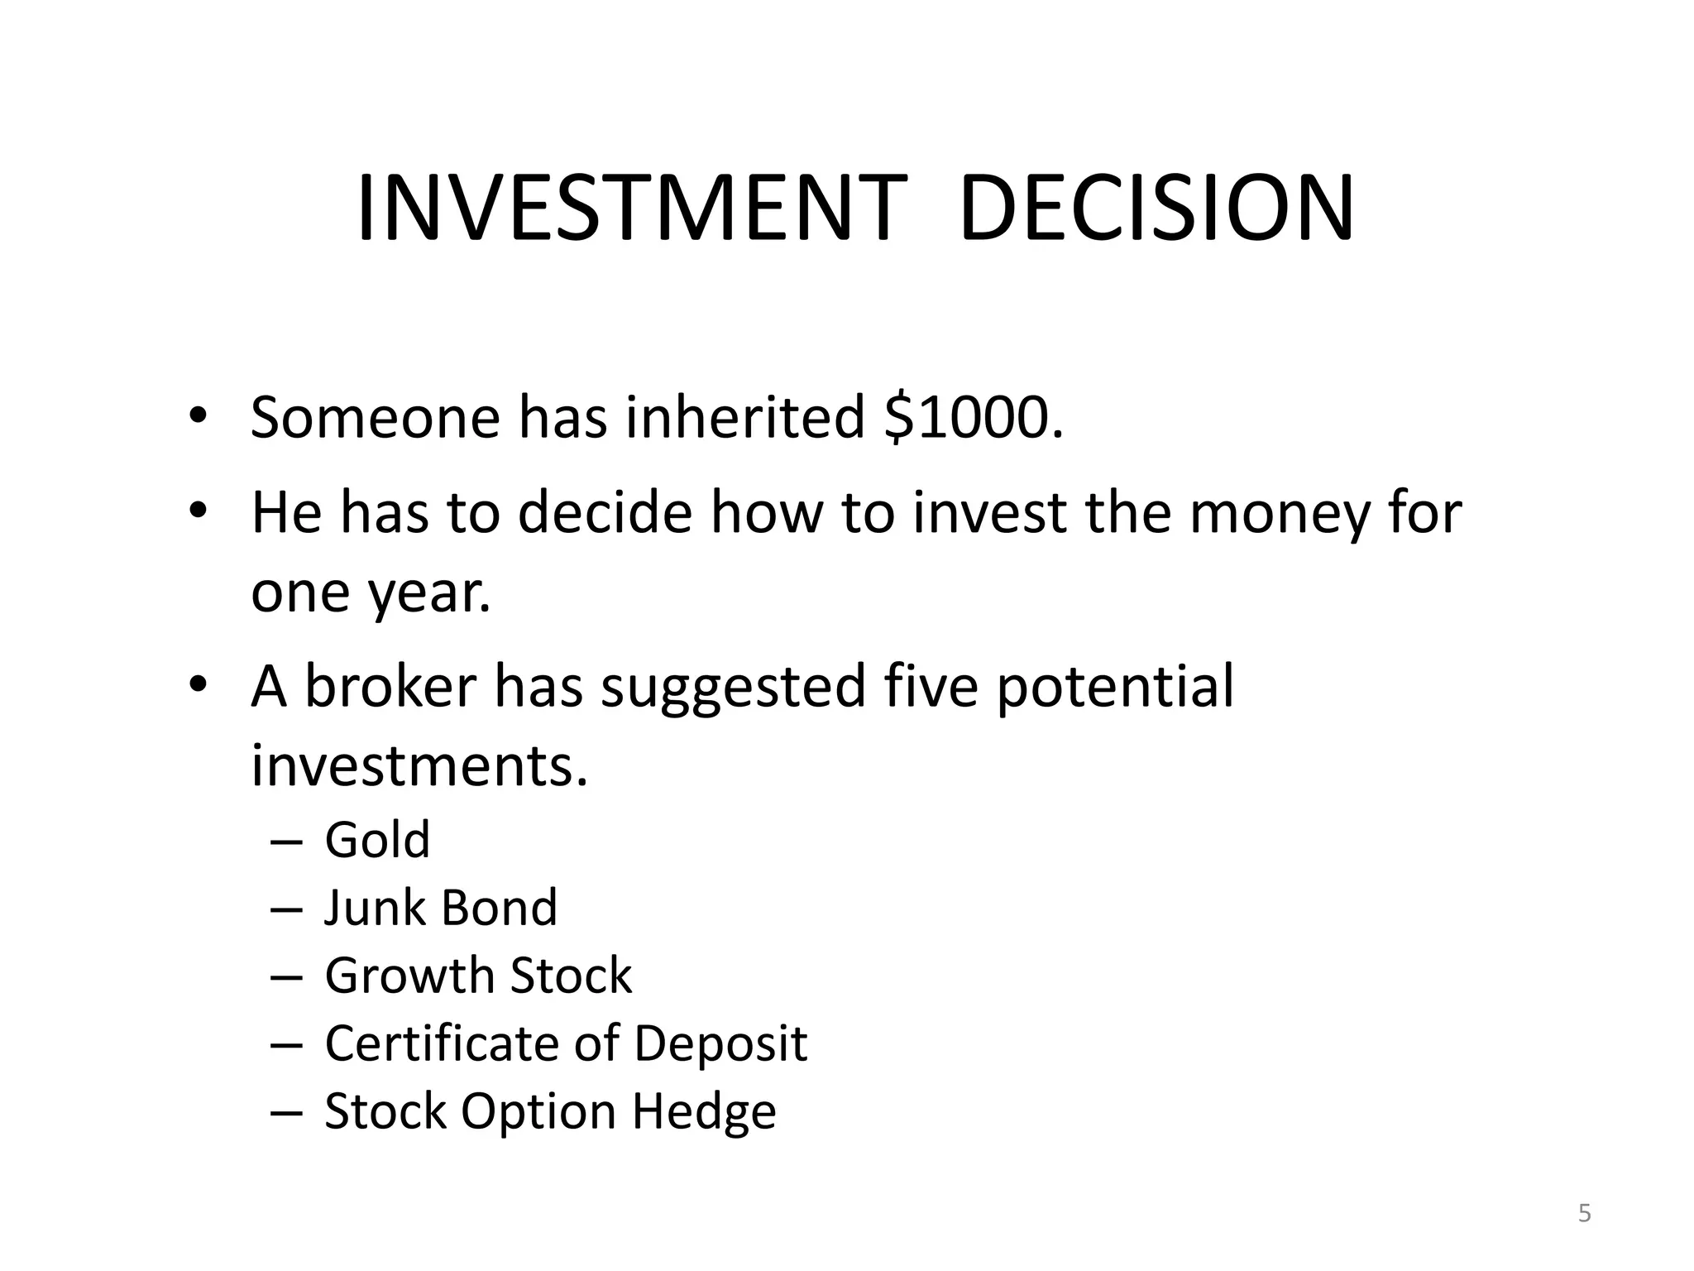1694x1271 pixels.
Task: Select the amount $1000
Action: (973, 418)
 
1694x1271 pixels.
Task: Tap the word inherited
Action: (744, 418)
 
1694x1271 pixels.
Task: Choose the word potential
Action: (1115, 687)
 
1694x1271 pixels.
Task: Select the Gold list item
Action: (377, 840)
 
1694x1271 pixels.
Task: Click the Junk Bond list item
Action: (441, 908)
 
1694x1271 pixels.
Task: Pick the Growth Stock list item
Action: (478, 976)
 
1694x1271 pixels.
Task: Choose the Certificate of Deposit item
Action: (566, 1043)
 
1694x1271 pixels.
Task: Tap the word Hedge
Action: (704, 1111)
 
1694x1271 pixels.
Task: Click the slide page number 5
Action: (1584, 1214)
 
